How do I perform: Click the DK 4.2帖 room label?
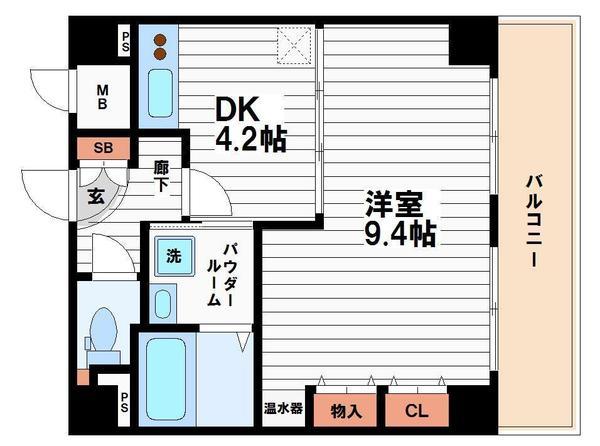(x=250, y=122)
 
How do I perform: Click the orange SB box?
(x=104, y=148)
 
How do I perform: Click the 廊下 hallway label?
(x=161, y=178)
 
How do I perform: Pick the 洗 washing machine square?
(x=173, y=256)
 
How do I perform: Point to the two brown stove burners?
(x=160, y=48)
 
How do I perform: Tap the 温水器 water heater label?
(x=283, y=409)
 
